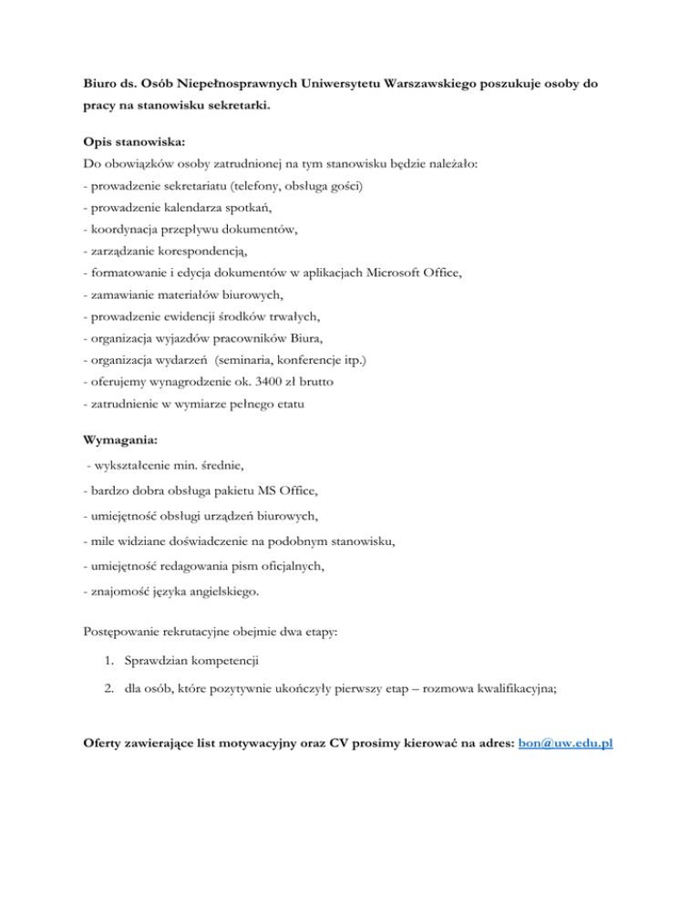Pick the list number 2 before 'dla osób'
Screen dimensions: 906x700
(x=110, y=691)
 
